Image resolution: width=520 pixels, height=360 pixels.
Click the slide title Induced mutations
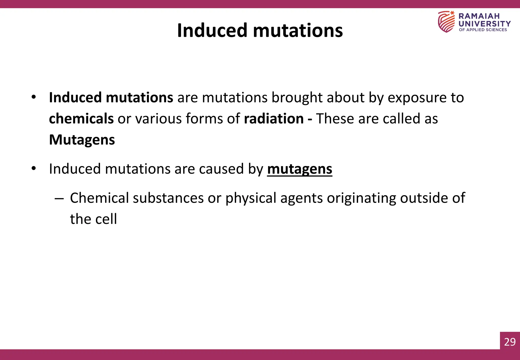[x=260, y=30]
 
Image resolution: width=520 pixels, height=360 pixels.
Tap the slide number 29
[x=510, y=342]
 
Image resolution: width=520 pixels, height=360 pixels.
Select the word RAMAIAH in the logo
[x=479, y=16]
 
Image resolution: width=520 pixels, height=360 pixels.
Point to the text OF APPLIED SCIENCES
[x=483, y=30]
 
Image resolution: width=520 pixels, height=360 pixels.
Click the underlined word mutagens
[x=300, y=169]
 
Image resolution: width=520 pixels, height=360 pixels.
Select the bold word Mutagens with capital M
[x=82, y=140]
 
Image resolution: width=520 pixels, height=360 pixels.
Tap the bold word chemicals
[x=81, y=119]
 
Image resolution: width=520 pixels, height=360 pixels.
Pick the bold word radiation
[x=274, y=119]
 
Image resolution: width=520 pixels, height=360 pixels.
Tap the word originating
[x=361, y=198]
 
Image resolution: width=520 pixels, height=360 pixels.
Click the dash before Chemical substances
[x=59, y=198]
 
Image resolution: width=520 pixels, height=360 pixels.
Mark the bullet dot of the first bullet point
[x=34, y=97]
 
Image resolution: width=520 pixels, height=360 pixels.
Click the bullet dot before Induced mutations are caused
[x=34, y=168]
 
